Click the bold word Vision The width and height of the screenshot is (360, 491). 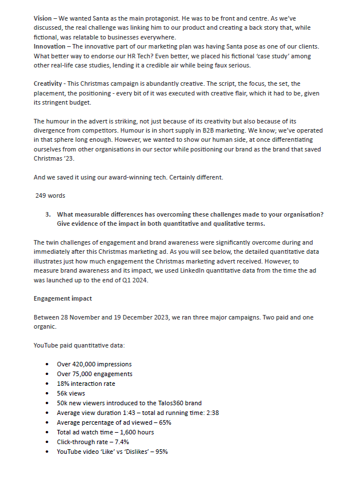pos(43,19)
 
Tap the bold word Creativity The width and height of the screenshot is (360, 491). pos(49,85)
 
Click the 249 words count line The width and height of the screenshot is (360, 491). pos(50,195)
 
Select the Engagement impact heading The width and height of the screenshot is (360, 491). pos(63,298)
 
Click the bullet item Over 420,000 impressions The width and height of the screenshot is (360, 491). pos(94,364)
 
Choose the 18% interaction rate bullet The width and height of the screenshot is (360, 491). pos(86,384)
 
